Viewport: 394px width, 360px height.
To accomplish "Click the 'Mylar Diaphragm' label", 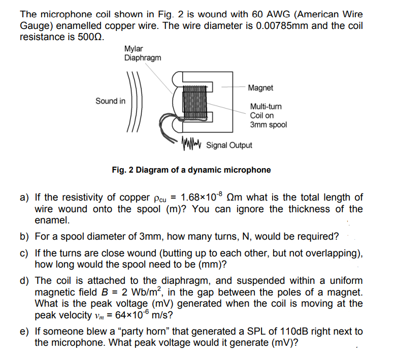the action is pos(143,53).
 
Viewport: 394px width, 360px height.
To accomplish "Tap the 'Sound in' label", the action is pos(110,101).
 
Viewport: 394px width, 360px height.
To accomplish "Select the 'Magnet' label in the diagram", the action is pos(260,88).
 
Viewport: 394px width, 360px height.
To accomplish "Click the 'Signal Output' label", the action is pos(229,145).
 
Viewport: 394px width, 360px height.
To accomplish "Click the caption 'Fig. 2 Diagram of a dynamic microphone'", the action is pos(191,170).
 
